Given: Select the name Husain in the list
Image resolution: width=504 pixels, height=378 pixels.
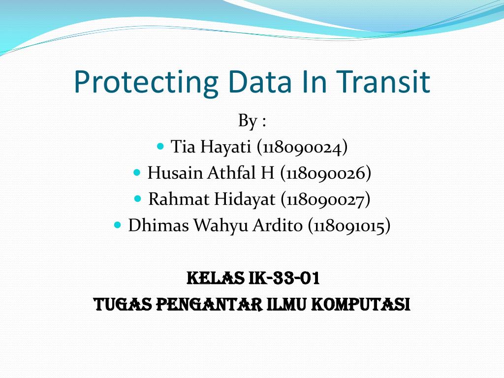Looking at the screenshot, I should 175,173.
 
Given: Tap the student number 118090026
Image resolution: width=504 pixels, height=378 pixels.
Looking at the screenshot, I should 326,173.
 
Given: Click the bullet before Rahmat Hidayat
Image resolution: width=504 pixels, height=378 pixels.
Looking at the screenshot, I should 138,199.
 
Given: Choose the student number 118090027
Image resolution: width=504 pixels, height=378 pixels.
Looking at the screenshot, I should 325,200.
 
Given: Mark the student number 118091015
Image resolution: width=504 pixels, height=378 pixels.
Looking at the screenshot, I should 349,226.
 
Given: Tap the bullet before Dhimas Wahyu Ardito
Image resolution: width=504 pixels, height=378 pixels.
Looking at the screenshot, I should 117,225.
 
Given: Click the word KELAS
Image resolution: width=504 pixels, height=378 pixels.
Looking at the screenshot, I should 214,279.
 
